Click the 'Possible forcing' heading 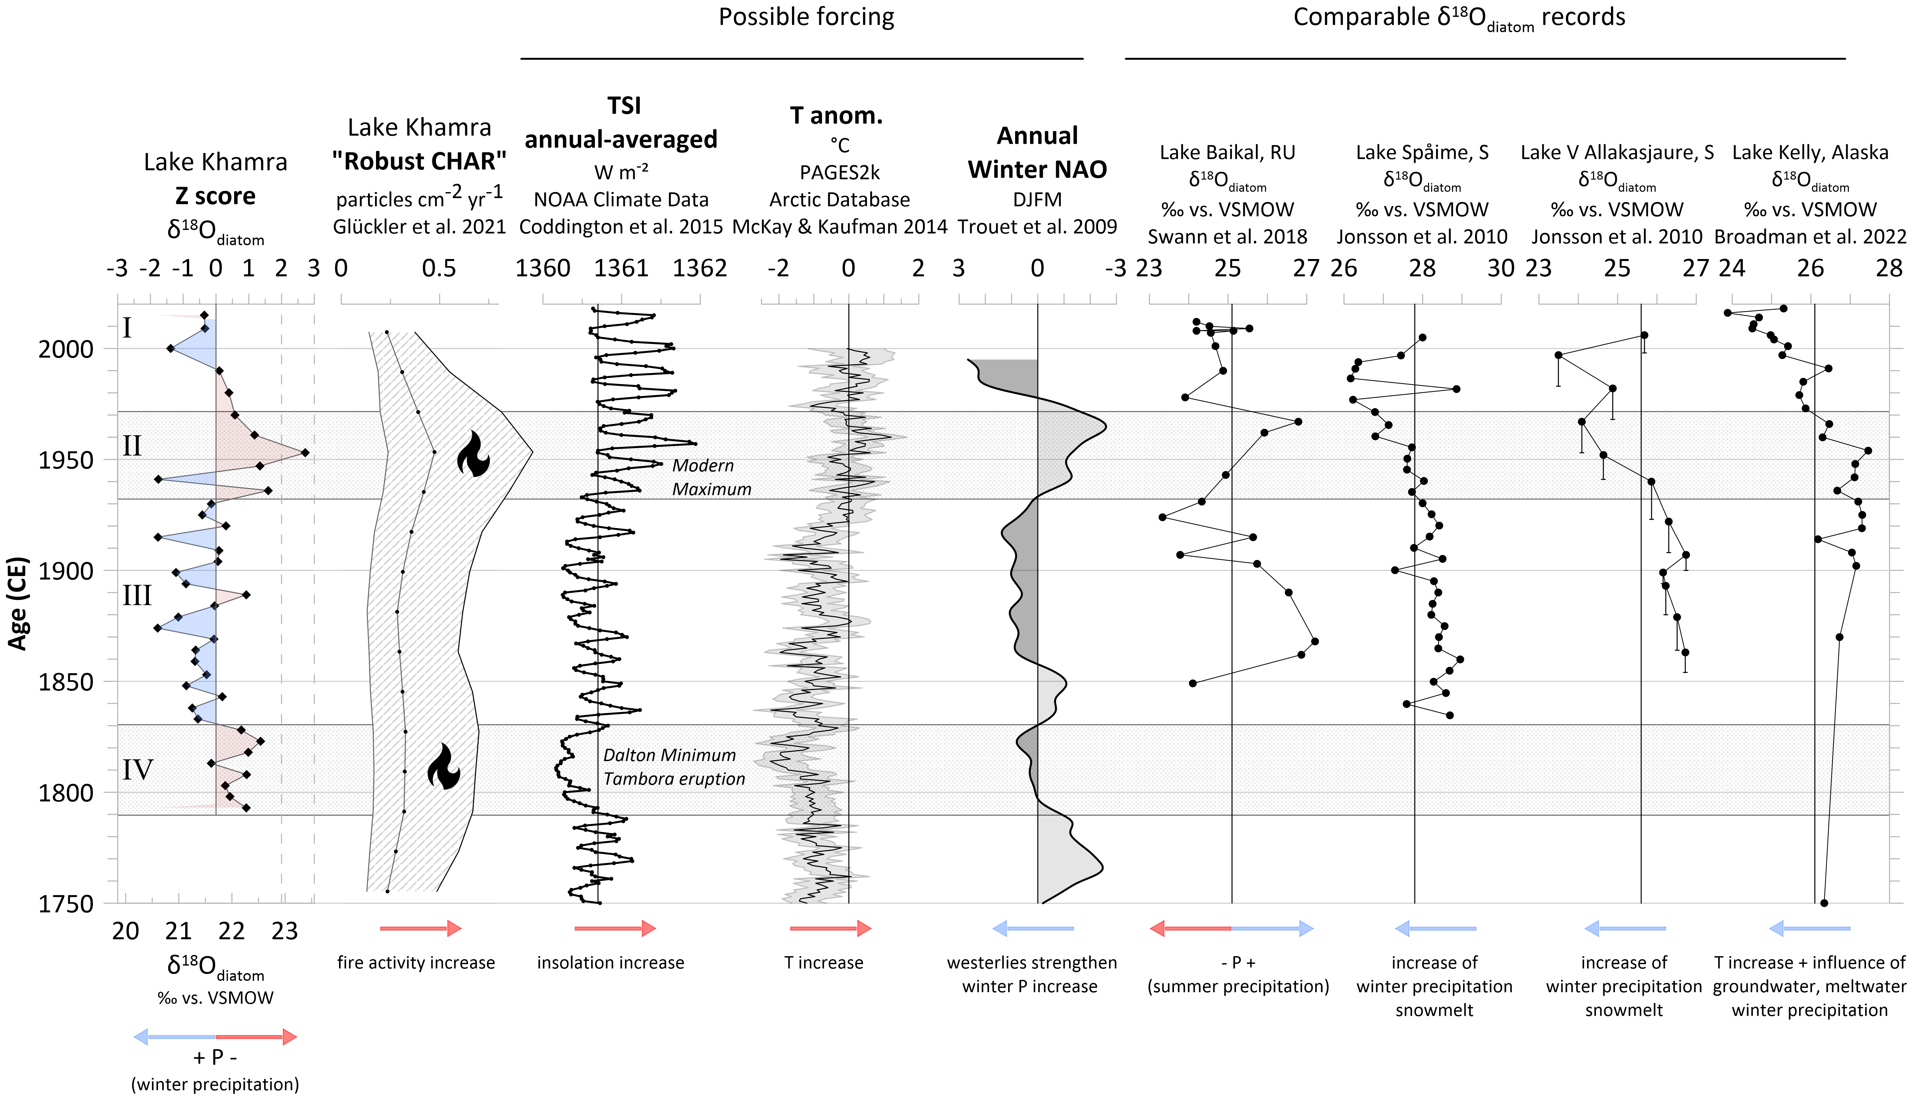click(x=806, y=17)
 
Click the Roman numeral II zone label click(x=132, y=446)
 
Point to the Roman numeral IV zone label click(x=138, y=770)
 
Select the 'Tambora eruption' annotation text click(x=674, y=779)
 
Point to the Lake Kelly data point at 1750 click(x=1825, y=903)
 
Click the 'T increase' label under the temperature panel click(x=824, y=962)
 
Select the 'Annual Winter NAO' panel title click(x=1037, y=152)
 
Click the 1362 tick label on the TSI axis click(x=700, y=268)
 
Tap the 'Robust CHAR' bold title click(x=419, y=161)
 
